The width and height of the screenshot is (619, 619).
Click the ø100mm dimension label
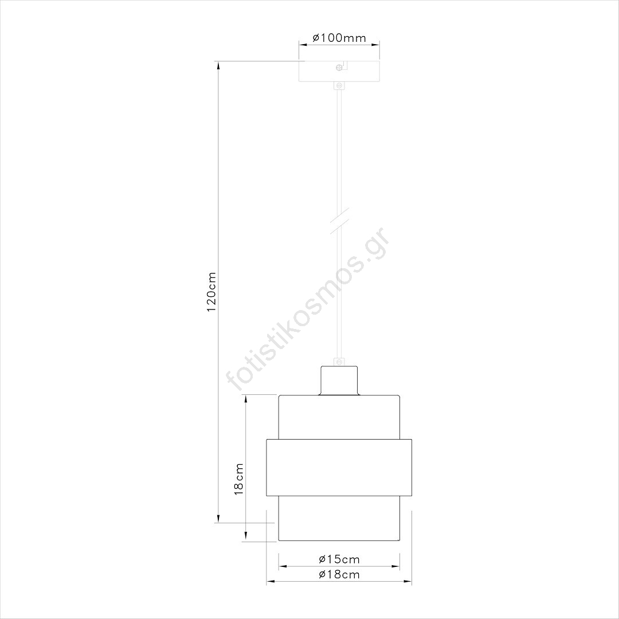[339, 38]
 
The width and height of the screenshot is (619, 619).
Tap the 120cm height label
[211, 292]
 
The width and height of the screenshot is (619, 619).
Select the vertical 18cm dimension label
[239, 479]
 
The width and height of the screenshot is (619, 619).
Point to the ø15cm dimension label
[339, 559]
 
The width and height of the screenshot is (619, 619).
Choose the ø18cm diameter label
[339, 574]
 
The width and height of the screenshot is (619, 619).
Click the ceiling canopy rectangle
[339, 71]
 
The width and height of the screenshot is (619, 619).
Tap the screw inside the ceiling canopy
[339, 68]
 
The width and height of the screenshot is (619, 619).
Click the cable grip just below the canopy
[339, 85]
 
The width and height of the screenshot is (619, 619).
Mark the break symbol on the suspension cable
[339, 220]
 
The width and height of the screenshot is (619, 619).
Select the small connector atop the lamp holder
[339, 362]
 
